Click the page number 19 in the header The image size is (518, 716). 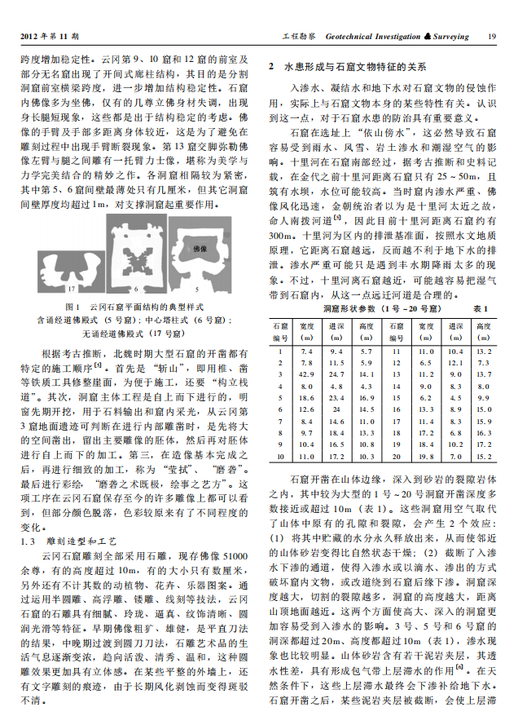tap(491, 37)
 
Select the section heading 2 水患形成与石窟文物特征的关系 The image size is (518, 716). tap(345, 65)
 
